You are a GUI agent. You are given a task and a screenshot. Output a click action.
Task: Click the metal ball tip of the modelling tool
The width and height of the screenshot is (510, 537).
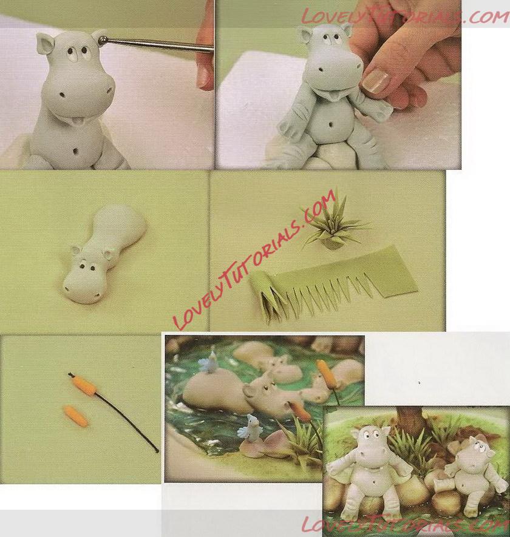click(103, 41)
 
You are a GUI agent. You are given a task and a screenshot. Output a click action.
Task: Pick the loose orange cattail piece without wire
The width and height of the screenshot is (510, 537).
click(75, 416)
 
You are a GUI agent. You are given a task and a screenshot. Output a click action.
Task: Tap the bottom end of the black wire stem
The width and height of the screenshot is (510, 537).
click(157, 451)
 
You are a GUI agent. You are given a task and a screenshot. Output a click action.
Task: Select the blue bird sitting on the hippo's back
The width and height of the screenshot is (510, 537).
click(209, 363)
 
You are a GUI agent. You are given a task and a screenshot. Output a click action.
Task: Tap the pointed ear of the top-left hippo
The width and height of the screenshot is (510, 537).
click(46, 44)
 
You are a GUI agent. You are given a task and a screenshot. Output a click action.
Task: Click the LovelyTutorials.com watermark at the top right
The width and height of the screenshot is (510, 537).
click(404, 16)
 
